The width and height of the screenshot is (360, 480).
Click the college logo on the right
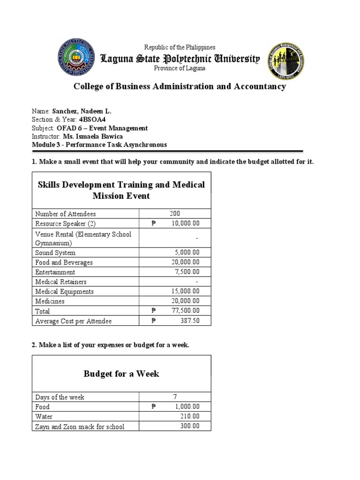286,61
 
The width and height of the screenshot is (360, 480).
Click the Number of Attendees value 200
175,214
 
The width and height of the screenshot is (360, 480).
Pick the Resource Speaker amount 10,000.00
185,224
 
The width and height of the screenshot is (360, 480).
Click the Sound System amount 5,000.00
187,253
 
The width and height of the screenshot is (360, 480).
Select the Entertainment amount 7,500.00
187,272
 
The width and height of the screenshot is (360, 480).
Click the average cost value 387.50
190,321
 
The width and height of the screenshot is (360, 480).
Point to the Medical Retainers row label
60,282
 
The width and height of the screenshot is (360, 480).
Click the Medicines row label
50,301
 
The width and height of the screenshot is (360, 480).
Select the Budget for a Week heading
121,374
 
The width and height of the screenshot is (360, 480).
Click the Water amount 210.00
190,416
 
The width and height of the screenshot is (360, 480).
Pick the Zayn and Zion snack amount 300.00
190,426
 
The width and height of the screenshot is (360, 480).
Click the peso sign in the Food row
153,407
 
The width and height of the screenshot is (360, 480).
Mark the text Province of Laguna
180,68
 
